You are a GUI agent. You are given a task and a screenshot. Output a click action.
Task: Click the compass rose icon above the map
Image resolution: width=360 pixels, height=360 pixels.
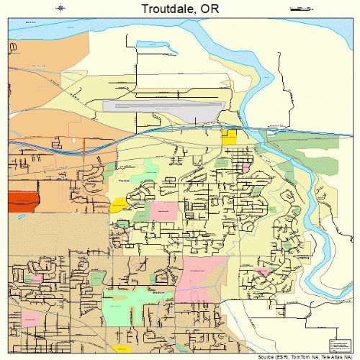(x=61, y=8)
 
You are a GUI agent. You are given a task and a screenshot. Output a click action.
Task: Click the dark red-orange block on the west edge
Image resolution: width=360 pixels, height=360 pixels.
(x=22, y=201)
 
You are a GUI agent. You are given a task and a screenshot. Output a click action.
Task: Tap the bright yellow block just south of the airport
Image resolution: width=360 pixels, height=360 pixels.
(x=230, y=137)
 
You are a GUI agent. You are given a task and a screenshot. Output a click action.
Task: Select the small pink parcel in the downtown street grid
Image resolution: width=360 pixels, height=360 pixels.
(x=245, y=167)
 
